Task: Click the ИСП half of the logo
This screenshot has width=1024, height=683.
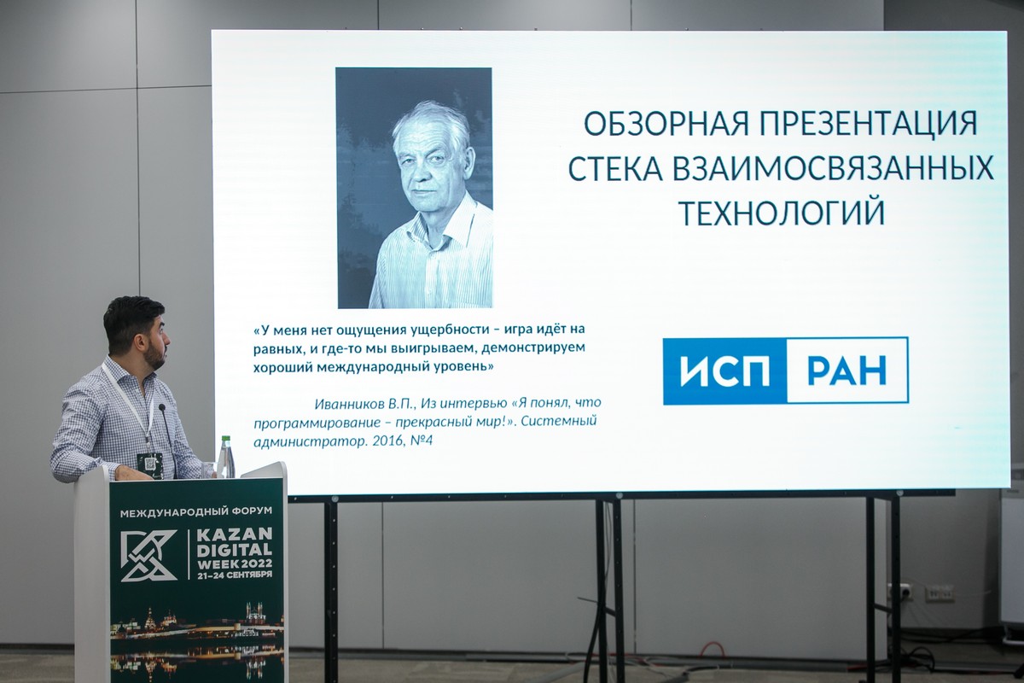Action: pos(725,371)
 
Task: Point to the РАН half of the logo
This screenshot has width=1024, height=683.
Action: pos(847,371)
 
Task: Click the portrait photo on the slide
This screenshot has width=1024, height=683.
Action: pos(414,188)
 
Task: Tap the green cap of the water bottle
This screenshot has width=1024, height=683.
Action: pos(226,439)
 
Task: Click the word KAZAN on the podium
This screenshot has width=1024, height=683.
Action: pos(235,534)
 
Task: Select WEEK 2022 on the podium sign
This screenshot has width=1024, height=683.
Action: pos(235,563)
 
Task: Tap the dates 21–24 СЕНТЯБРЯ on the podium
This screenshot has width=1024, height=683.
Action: pos(235,575)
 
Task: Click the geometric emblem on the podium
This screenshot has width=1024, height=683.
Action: pos(148,555)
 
